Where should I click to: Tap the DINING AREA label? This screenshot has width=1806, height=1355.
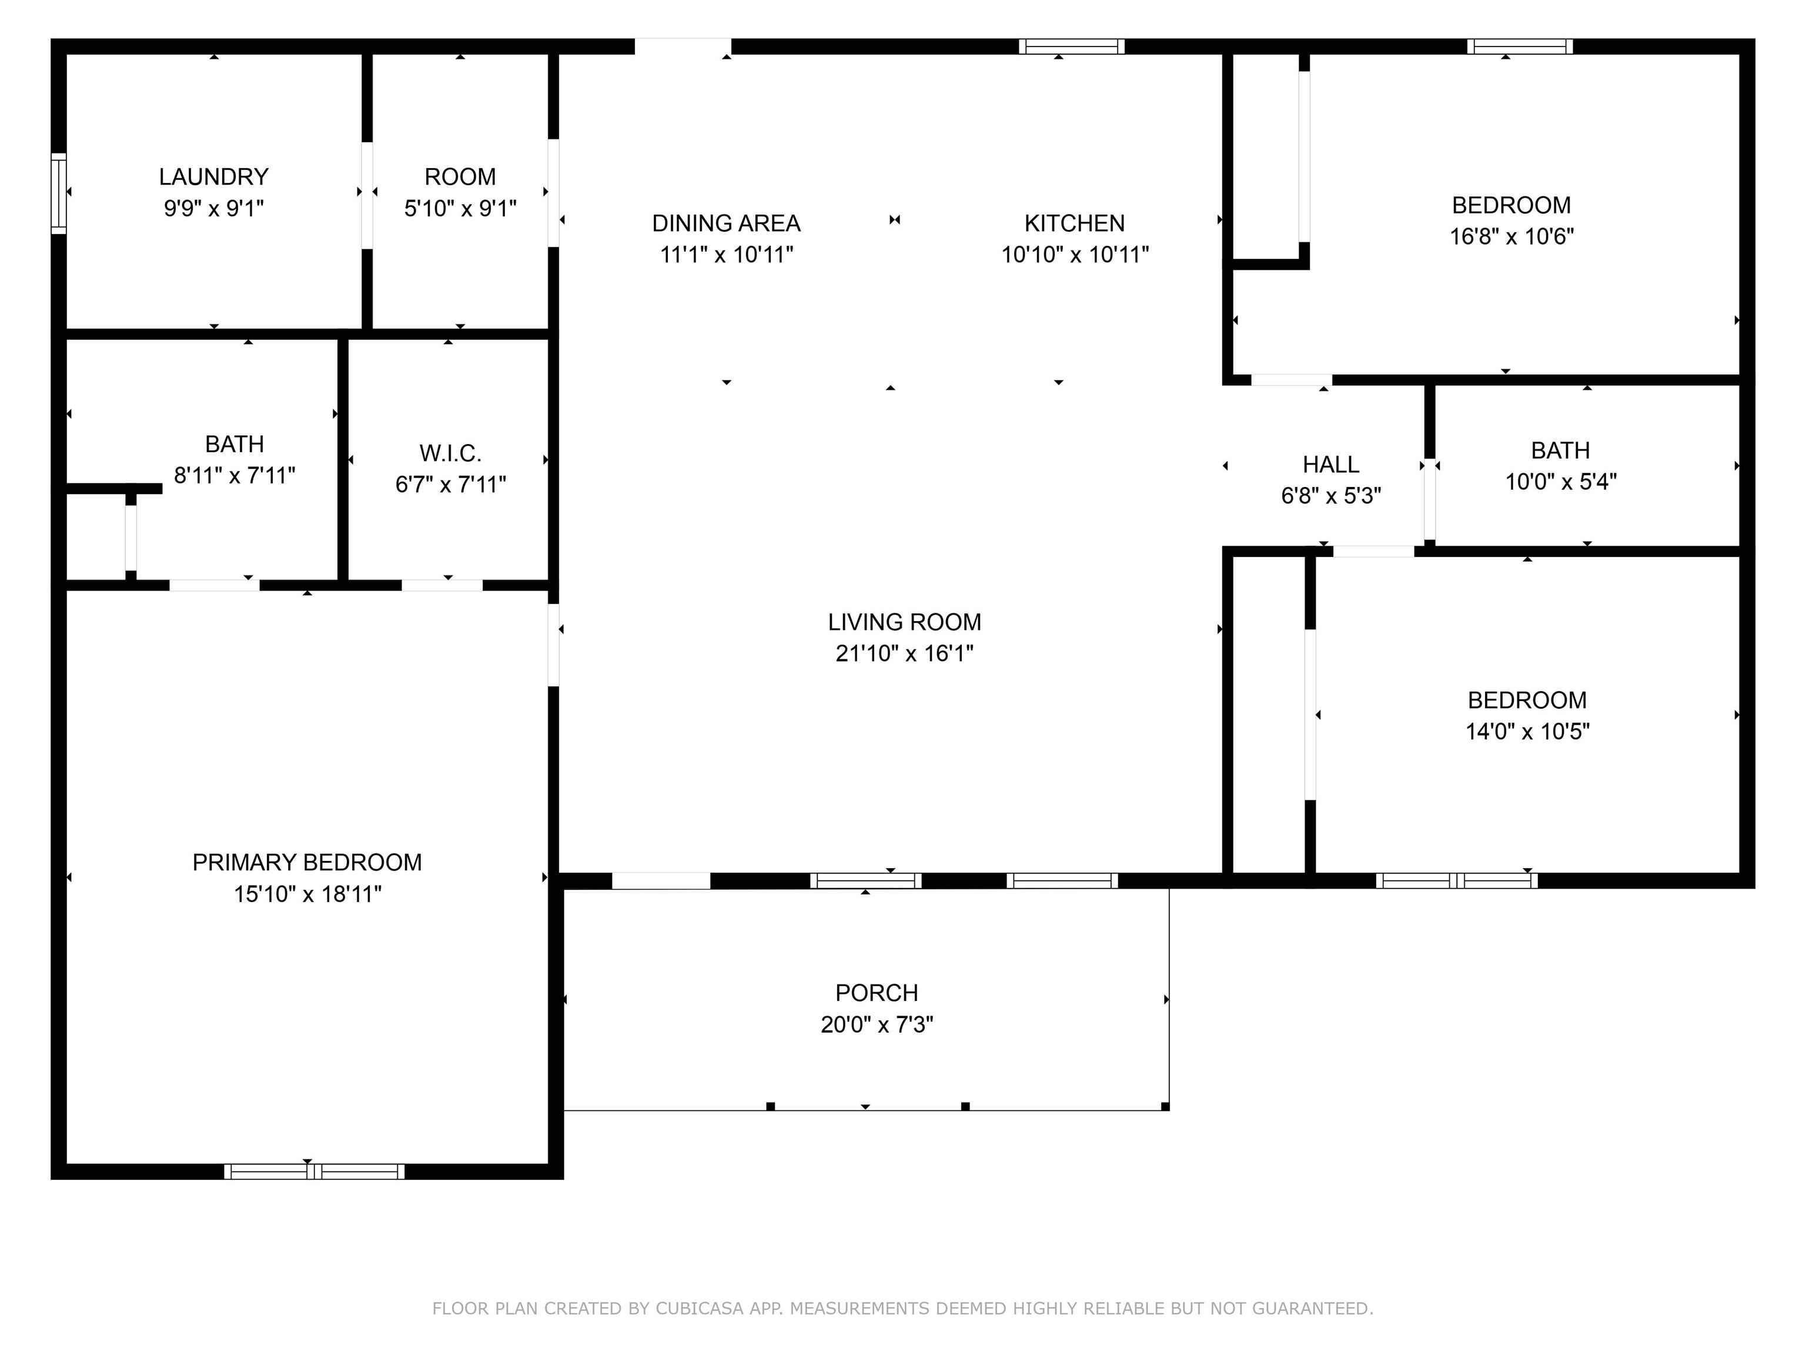tap(726, 223)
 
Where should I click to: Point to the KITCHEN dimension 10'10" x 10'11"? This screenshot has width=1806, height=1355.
tap(1075, 255)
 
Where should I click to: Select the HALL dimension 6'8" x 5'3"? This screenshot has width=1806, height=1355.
tap(1331, 496)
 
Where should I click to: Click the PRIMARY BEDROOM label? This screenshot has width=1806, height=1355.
tap(307, 863)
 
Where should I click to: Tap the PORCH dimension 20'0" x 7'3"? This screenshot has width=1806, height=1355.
tap(877, 1024)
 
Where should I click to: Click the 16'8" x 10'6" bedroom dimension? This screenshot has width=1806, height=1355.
tap(1511, 237)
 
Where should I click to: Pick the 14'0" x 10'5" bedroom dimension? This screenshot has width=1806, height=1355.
tap(1527, 732)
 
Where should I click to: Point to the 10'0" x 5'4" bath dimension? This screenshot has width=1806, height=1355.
tap(1560, 482)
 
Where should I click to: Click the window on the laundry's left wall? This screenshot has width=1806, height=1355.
tap(58, 193)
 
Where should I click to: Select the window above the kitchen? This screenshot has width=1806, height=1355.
tap(1071, 46)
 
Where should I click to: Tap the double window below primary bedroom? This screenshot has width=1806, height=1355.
tap(315, 1172)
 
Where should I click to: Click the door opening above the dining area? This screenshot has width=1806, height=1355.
tap(683, 46)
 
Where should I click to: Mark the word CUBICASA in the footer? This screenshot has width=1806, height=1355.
tap(699, 1309)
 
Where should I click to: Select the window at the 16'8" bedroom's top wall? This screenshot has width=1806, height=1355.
tap(1520, 46)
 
